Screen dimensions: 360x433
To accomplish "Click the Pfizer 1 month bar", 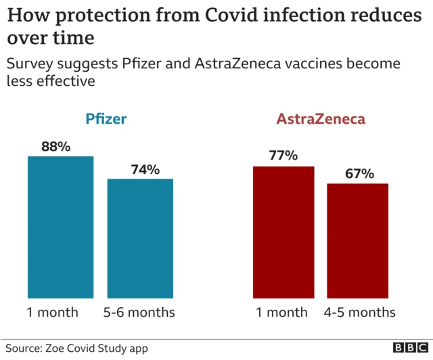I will pyautogui.click(x=60, y=227).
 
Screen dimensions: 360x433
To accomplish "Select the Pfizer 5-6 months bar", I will pyautogui.click(x=140, y=238).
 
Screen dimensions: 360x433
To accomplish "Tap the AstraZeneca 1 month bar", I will pyautogui.click(x=283, y=232).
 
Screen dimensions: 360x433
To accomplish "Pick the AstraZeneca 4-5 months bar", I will pyautogui.click(x=358, y=241).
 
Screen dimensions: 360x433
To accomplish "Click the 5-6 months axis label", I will pyautogui.click(x=141, y=312).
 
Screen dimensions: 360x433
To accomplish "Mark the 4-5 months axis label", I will pyautogui.click(x=359, y=312).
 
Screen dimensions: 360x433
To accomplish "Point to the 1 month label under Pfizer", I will pyautogui.click(x=53, y=312).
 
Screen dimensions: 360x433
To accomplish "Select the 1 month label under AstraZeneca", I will pyautogui.click(x=281, y=312).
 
